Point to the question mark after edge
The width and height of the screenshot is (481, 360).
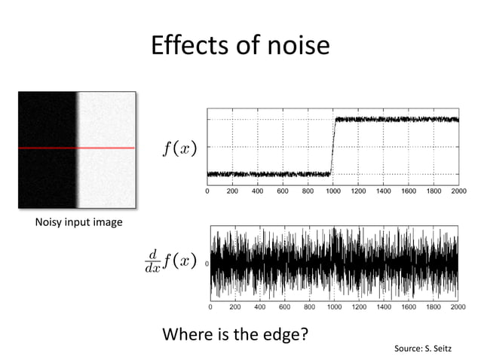pos(304,334)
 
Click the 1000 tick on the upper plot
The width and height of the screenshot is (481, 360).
pos(332,192)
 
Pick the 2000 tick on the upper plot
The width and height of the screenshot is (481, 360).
pos(458,192)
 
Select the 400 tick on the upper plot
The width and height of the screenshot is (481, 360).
pos(257,192)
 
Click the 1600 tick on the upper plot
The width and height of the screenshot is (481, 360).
pos(408,192)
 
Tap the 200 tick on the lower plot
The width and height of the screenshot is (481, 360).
pos(234,307)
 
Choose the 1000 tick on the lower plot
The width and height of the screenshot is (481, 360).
pos(334,307)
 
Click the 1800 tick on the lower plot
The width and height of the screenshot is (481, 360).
pos(433,307)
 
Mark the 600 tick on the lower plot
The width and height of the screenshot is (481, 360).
pos(284,307)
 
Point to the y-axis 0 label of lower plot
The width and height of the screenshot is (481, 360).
pos(206,265)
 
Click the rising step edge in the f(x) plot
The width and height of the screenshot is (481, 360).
pos(332,147)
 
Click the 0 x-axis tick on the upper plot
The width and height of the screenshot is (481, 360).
pos(208,192)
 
